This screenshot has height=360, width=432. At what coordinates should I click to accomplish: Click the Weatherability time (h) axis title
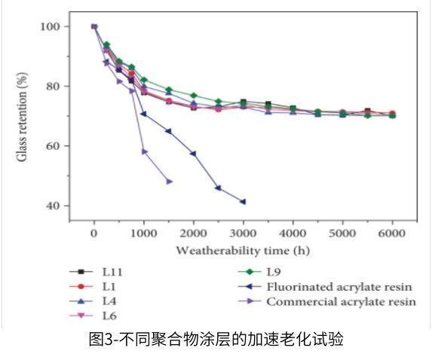243,249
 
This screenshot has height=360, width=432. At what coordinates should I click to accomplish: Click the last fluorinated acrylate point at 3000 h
243,201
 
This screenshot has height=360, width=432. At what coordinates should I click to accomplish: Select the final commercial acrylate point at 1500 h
169,181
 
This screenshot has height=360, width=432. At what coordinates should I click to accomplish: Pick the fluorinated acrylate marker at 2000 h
194,154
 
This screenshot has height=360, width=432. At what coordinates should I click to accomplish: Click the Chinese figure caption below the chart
216,340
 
